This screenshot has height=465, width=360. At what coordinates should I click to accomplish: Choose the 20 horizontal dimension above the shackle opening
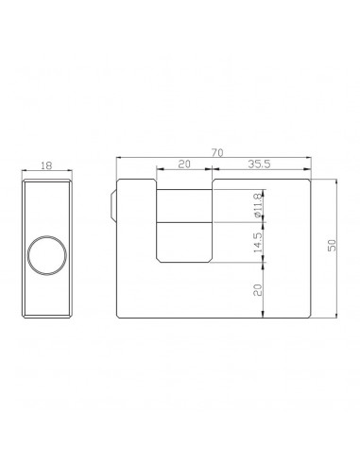pos(185,164)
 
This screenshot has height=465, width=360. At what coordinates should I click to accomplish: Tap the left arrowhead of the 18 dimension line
pos(24,170)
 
